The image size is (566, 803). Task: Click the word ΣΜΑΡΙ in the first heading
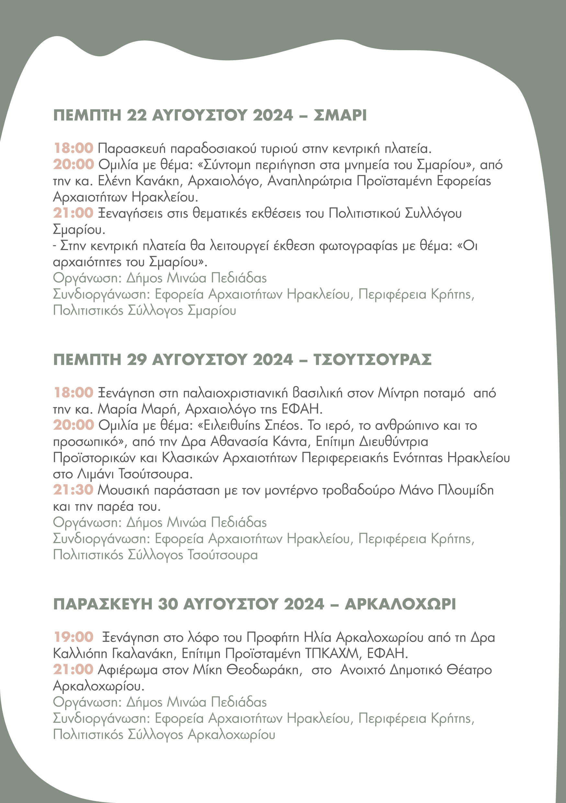pyautogui.click(x=340, y=115)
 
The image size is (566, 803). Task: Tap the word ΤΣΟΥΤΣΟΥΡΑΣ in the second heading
pyautogui.click(x=372, y=359)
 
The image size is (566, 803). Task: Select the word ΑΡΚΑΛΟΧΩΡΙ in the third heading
pyautogui.click(x=400, y=604)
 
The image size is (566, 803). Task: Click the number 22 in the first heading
pyautogui.click(x=137, y=115)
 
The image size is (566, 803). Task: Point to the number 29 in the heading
pyautogui.click(x=137, y=359)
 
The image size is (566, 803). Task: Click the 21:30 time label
pyautogui.click(x=73, y=490)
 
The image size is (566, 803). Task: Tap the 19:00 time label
pyautogui.click(x=74, y=637)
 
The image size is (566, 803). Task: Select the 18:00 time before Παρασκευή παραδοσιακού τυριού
pyautogui.click(x=74, y=148)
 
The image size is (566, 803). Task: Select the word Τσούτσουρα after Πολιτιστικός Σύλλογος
pyautogui.click(x=222, y=555)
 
